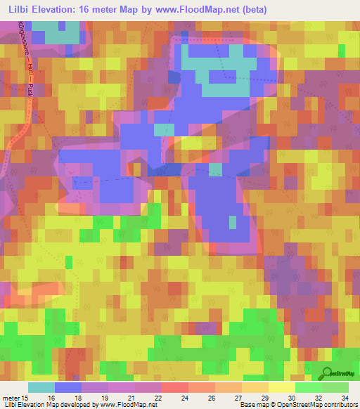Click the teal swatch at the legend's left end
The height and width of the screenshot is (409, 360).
coord(41,387)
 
